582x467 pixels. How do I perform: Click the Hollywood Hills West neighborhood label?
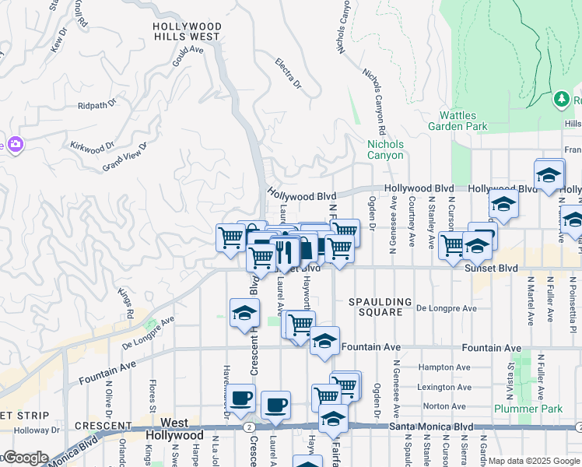click(187, 31)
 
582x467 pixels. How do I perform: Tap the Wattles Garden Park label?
click(458, 121)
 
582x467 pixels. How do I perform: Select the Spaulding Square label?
click(380, 307)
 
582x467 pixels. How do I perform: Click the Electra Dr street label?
click(288, 72)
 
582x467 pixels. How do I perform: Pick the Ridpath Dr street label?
click(96, 104)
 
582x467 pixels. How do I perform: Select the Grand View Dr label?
click(124, 157)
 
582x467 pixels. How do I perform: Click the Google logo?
click(25, 458)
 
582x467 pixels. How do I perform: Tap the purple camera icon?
click(14, 144)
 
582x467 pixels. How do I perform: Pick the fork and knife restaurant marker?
click(283, 251)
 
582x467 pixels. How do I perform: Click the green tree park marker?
click(561, 100)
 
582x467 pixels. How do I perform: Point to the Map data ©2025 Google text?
click(534, 461)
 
